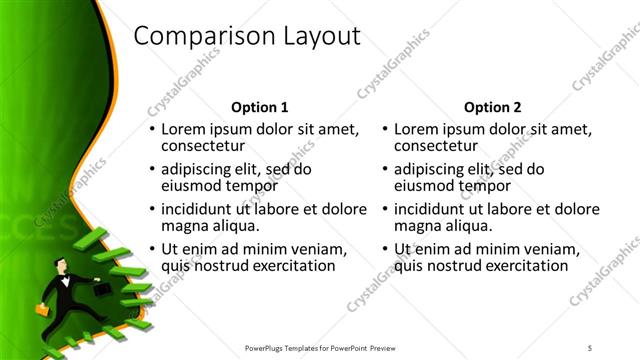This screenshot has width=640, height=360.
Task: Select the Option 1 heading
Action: pos(259,107)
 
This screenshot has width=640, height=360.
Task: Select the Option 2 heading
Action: pos(492,107)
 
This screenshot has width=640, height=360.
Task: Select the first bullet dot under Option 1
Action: pos(152,129)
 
